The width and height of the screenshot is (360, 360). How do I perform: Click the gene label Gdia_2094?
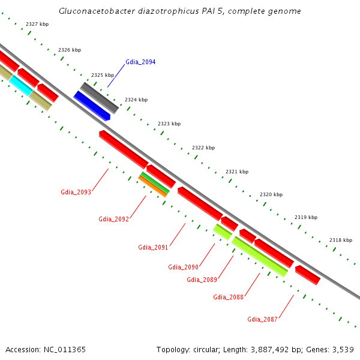click(140, 62)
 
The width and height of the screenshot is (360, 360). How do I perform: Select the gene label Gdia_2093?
click(76, 192)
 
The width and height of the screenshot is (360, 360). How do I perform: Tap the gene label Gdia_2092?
click(113, 219)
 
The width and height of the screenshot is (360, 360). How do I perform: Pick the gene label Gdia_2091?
click(153, 247)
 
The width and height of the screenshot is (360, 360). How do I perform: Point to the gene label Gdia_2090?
click(183, 267)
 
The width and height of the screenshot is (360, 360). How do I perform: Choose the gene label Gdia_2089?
click(202, 280)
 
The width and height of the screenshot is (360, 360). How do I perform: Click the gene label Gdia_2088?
click(228, 297)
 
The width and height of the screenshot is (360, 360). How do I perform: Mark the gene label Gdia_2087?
click(262, 319)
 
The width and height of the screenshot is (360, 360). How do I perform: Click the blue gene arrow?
click(91, 106)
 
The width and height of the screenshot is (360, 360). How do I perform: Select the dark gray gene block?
click(99, 98)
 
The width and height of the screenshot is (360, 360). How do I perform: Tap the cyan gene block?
click(21, 85)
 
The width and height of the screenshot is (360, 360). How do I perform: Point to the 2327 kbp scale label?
click(37, 24)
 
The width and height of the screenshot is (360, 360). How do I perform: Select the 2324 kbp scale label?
click(136, 100)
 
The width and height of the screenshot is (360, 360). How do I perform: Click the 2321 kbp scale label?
click(236, 172)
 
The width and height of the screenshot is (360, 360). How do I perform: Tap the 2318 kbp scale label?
click(340, 240)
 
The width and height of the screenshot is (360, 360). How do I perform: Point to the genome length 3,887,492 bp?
click(269, 349)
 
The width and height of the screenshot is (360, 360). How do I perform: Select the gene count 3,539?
click(341, 349)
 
